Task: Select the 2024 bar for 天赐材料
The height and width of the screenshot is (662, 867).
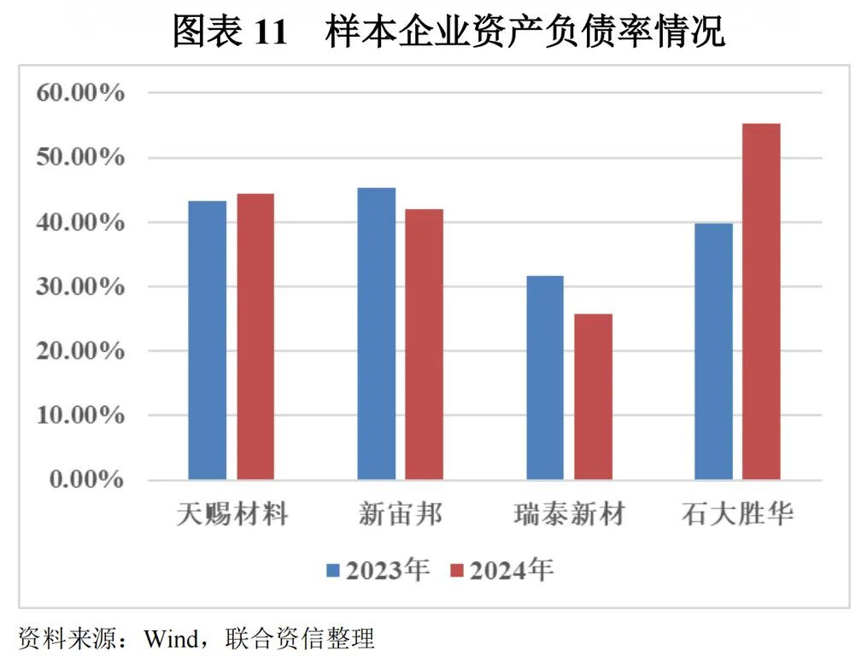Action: click(x=255, y=337)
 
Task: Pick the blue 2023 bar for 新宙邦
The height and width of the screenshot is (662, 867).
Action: click(x=377, y=333)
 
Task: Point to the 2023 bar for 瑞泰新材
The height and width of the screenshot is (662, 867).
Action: click(x=545, y=378)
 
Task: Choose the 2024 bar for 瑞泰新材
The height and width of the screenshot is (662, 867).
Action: click(x=593, y=396)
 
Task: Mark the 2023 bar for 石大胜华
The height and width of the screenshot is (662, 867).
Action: click(x=713, y=351)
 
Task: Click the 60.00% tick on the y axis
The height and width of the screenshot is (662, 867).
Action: click(x=80, y=92)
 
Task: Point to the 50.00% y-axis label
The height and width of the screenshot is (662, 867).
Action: click(x=80, y=157)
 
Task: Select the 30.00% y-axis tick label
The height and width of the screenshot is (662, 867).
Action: click(x=80, y=286)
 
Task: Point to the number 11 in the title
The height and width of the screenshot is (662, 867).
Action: click(x=272, y=32)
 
